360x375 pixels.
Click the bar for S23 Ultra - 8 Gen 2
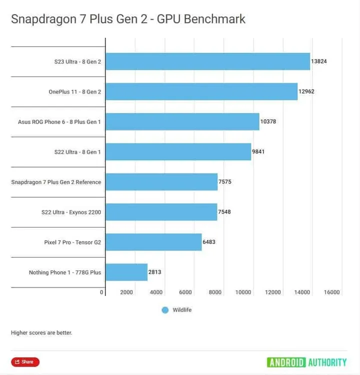pos(207,61)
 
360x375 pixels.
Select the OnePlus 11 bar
pos(201,91)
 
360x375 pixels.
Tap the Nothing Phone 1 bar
pos(126,272)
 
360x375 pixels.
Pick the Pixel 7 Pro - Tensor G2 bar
pos(153,242)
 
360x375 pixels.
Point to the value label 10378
pos(268,121)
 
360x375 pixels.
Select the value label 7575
pos(224,182)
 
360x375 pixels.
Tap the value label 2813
pos(154,272)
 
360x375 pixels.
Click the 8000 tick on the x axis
pos(215,292)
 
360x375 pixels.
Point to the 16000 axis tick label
pos(331,292)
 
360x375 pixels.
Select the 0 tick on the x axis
pos(101,292)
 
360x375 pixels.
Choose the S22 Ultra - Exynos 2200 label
pos(71,212)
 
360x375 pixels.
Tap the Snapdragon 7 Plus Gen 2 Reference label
pos(56,182)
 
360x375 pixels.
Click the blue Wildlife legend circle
pos(165,310)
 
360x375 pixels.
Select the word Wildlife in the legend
pos(182,310)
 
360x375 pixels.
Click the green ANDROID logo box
pos(286,362)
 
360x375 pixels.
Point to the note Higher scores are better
pos(41,332)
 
